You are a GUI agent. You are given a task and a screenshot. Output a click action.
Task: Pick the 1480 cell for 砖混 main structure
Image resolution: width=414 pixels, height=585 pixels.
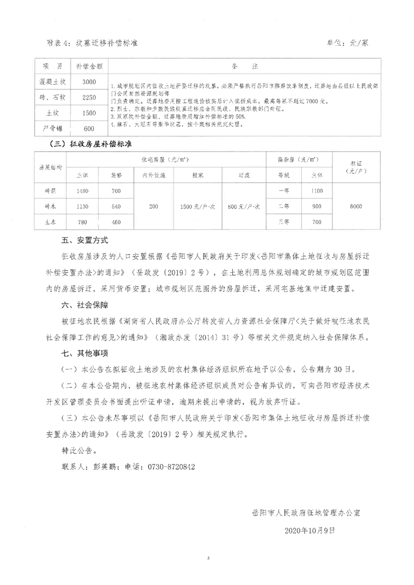pyautogui.click(x=82, y=191)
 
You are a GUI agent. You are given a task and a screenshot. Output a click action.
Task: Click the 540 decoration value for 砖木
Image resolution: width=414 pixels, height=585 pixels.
pyautogui.click(x=116, y=206)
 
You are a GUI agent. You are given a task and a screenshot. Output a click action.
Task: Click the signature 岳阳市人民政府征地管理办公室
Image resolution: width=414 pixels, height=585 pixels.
pyautogui.click(x=306, y=512)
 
